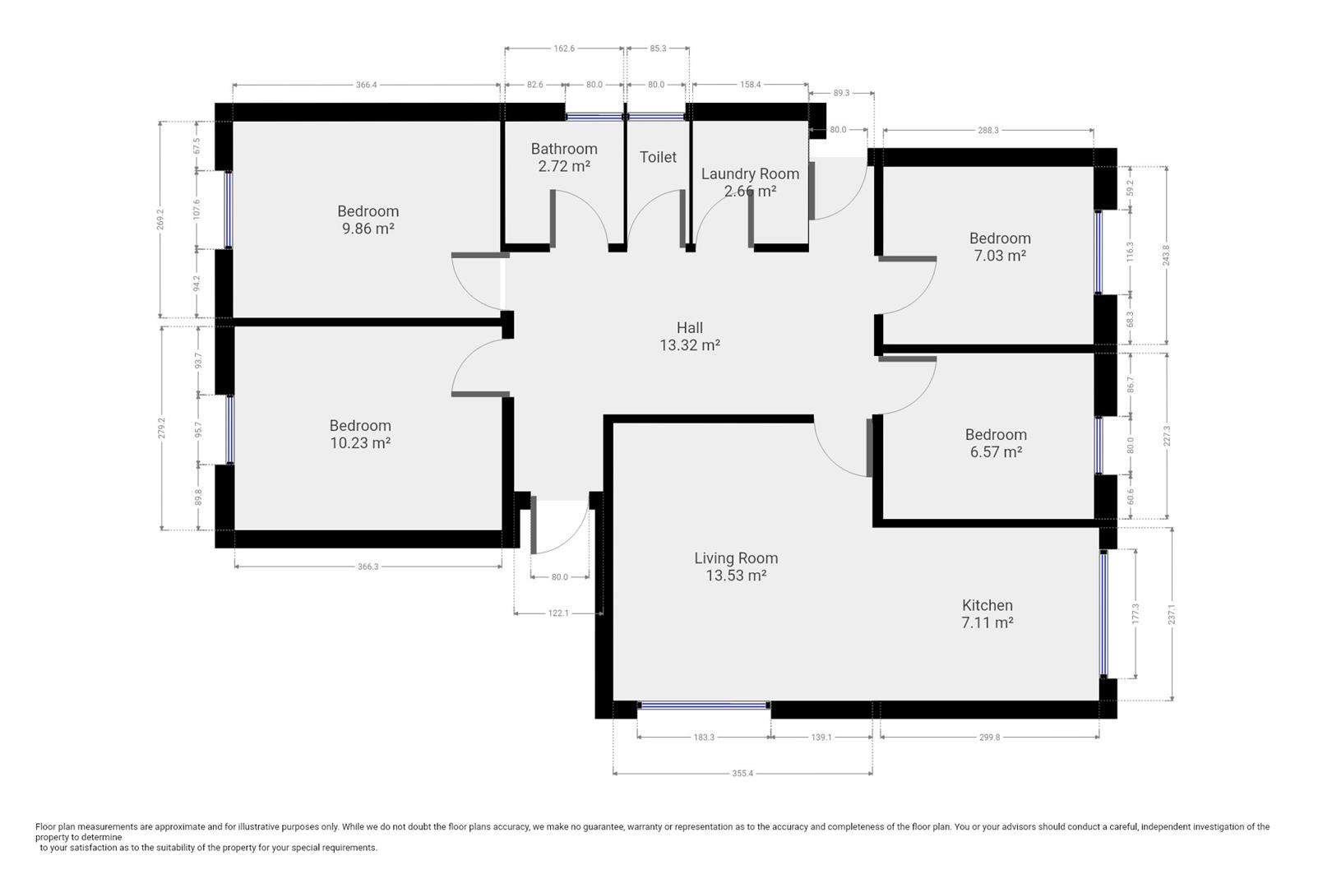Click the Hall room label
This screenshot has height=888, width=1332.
[x=690, y=328]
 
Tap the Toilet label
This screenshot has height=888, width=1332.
[x=658, y=157]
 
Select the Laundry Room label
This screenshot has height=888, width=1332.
[x=750, y=173]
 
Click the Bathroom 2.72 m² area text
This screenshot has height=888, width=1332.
[x=564, y=166]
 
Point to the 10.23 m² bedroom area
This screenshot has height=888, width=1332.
[x=360, y=443]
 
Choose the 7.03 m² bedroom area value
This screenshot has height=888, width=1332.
[x=1000, y=256]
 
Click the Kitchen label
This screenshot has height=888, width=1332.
[x=987, y=605]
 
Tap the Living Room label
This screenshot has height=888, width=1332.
[x=736, y=558]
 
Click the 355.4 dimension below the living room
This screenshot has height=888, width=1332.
[x=742, y=773]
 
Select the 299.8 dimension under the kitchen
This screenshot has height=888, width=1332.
[x=989, y=737]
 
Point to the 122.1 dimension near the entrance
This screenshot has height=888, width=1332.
[x=558, y=613]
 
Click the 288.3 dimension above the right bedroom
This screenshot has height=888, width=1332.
[x=988, y=130]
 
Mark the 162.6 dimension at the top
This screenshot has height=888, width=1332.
[x=564, y=49]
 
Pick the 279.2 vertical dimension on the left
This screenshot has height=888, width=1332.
[x=161, y=428]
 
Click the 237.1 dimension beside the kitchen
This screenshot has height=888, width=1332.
[x=1172, y=614]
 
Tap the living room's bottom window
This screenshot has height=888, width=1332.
[x=704, y=705]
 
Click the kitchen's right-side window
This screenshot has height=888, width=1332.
[x=1104, y=614]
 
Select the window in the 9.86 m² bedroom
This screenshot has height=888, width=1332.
[x=229, y=210]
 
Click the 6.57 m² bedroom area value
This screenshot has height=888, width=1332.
[x=996, y=452]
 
